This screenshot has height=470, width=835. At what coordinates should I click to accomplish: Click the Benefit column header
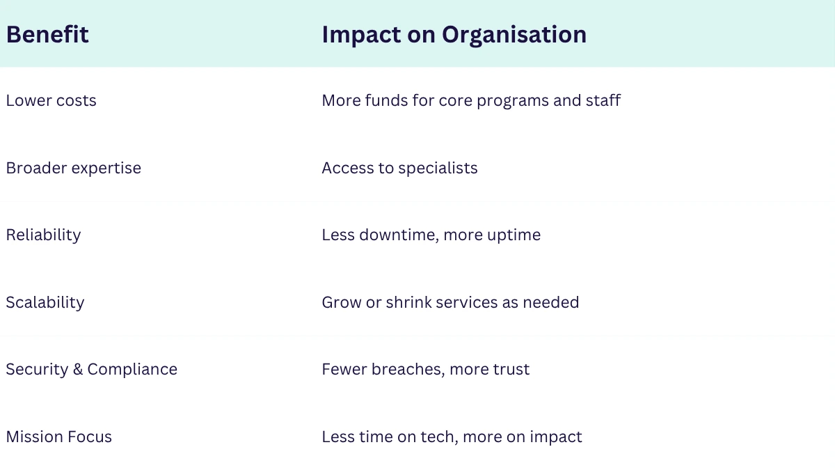47,34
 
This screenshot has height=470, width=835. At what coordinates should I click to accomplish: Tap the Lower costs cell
51,101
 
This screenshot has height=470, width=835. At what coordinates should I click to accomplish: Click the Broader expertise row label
74,169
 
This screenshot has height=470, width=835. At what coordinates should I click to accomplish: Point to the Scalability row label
45,303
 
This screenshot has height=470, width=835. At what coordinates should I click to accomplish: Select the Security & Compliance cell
92,370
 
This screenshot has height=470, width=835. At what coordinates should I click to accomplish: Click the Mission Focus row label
59,437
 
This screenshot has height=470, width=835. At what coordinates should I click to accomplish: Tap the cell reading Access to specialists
399,169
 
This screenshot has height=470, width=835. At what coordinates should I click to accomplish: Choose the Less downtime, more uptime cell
431,235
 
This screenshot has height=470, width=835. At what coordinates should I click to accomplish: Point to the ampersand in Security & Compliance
77,370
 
